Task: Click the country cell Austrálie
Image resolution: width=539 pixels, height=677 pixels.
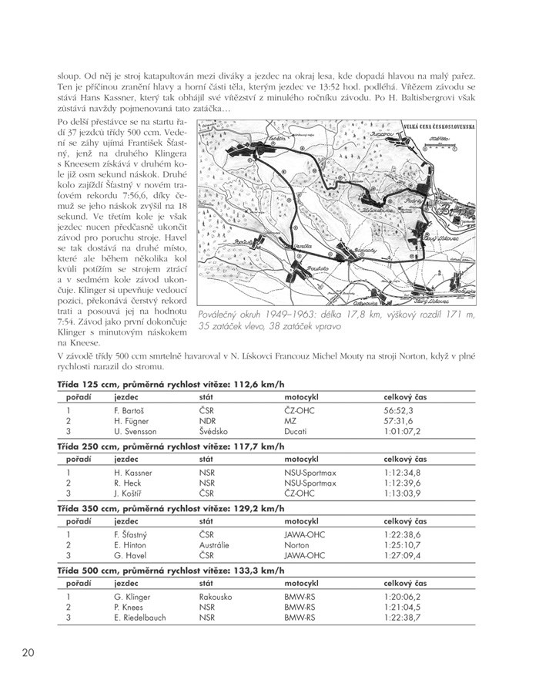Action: pos(216,544)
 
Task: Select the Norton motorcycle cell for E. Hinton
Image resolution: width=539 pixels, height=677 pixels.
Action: pos(296,544)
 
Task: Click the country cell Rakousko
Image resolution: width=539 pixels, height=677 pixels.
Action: pos(216,596)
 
